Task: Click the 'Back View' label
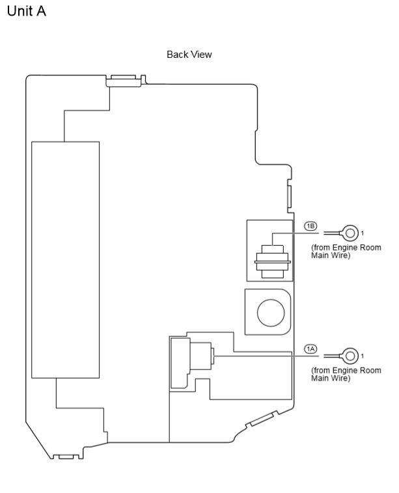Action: (x=189, y=55)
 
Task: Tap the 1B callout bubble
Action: (x=310, y=226)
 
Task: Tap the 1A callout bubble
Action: (x=310, y=349)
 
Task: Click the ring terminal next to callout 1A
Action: (x=350, y=355)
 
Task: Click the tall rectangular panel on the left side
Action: (x=65, y=260)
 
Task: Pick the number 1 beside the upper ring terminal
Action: (x=363, y=233)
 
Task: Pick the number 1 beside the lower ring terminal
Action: (x=363, y=356)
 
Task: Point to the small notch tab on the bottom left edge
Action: (x=67, y=455)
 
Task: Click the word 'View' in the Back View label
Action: (x=200, y=55)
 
